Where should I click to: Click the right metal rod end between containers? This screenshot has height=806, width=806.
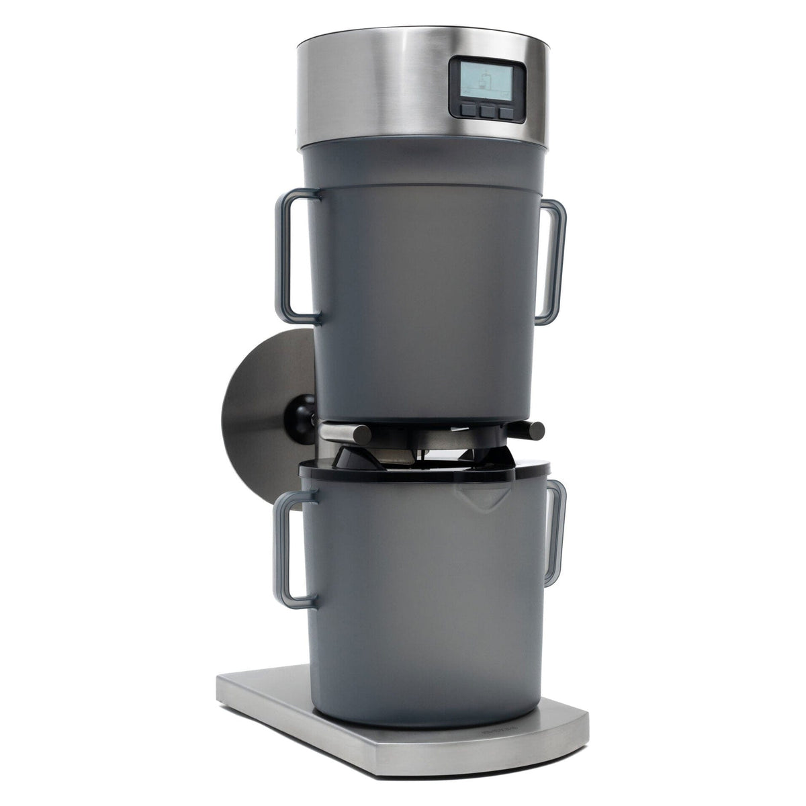[x=534, y=430]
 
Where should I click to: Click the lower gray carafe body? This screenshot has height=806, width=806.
[x=423, y=604]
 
